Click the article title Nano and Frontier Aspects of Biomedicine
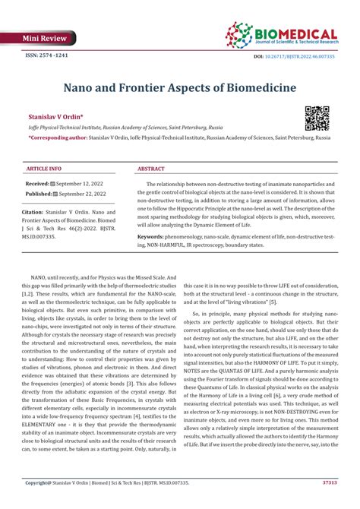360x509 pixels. pos(179,88)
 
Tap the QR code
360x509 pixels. pos(317,118)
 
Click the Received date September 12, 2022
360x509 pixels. pos(87,184)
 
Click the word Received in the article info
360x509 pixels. pos(38,184)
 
